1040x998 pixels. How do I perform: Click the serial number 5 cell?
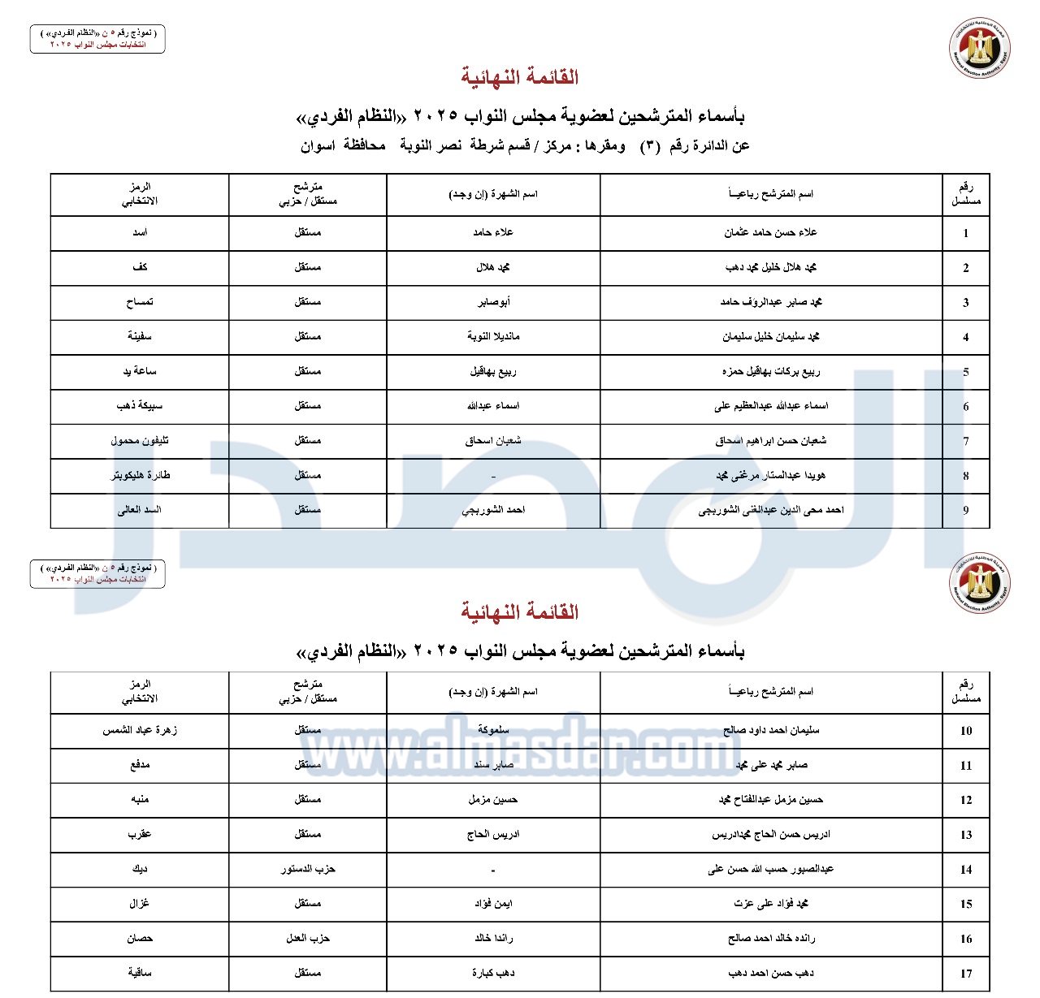click(x=965, y=372)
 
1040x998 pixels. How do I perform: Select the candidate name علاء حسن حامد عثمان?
click(x=770, y=232)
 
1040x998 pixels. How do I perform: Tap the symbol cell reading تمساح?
click(x=140, y=302)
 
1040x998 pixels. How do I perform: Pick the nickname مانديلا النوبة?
click(x=493, y=336)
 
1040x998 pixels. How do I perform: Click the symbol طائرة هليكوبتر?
click(x=140, y=475)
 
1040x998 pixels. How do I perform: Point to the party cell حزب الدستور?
click(x=308, y=869)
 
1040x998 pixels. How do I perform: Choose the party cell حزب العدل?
click(x=308, y=938)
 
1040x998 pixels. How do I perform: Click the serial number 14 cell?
click(x=965, y=869)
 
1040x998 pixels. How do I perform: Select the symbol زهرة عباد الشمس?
click(x=140, y=730)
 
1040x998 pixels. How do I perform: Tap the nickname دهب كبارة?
click(x=493, y=973)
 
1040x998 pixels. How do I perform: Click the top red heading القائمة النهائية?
click(x=520, y=77)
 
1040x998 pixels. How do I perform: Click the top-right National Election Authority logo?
click(x=979, y=48)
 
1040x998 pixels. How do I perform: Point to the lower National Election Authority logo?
click(x=979, y=582)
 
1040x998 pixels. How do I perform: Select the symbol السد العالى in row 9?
click(x=140, y=510)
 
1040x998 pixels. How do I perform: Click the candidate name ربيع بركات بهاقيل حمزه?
click(x=770, y=372)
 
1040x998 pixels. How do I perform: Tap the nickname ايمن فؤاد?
click(x=493, y=903)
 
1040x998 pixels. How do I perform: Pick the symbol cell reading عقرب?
click(x=140, y=834)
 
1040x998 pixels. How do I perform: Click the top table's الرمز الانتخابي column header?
click(x=140, y=194)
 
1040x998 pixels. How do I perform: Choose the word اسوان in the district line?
click(x=318, y=146)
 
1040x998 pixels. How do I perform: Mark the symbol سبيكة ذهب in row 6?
click(x=140, y=406)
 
